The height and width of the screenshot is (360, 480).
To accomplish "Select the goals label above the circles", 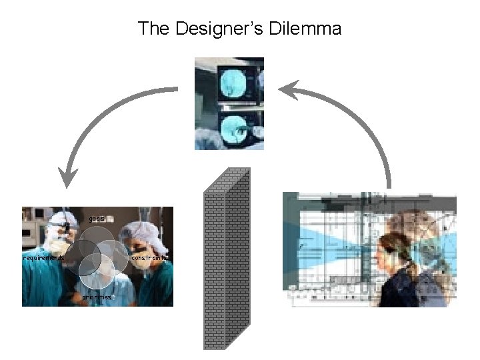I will pyautogui.click(x=97, y=219).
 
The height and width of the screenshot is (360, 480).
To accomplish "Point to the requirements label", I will pyautogui.click(x=43, y=258).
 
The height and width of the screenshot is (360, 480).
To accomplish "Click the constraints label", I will pyautogui.click(x=149, y=257).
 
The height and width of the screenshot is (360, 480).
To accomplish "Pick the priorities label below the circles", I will pyautogui.click(x=97, y=297).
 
